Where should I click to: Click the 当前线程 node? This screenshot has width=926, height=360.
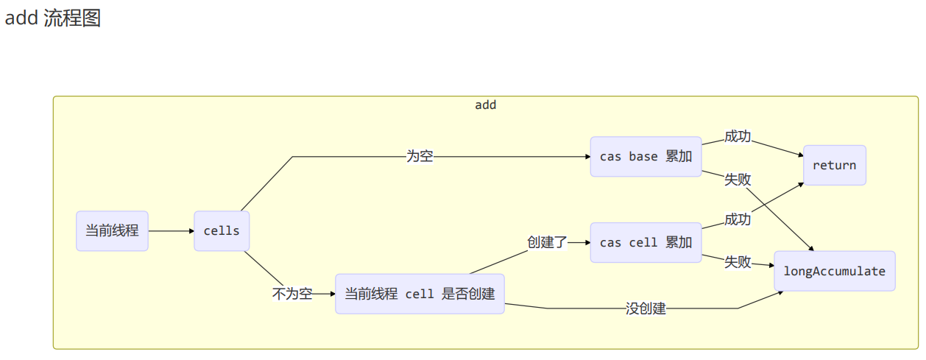click(112, 230)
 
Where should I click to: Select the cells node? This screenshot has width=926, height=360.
click(222, 230)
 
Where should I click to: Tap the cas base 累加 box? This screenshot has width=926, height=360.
click(646, 157)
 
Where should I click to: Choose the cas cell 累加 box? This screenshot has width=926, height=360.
click(646, 242)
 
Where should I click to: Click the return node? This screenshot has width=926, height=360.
click(834, 165)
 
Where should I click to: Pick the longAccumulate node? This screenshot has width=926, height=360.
click(834, 271)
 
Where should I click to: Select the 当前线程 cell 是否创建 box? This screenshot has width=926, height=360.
click(420, 294)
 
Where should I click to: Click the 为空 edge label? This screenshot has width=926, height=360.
click(420, 156)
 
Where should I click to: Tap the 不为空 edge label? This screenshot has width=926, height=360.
click(292, 294)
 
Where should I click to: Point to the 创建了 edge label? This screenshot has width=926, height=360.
click(547, 242)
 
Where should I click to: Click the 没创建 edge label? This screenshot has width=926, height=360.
click(646, 308)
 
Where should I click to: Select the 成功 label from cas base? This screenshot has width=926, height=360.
click(738, 136)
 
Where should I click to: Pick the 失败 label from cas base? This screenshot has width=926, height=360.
click(738, 179)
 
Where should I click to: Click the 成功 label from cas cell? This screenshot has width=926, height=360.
click(738, 219)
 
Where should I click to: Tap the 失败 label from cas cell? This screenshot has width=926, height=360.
click(738, 261)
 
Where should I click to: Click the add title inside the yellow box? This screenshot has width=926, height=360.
click(486, 105)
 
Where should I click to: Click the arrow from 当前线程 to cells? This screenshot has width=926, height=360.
click(171, 230)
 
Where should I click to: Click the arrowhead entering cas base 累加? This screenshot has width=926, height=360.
click(587, 157)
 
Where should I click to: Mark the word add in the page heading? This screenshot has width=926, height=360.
click(21, 18)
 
